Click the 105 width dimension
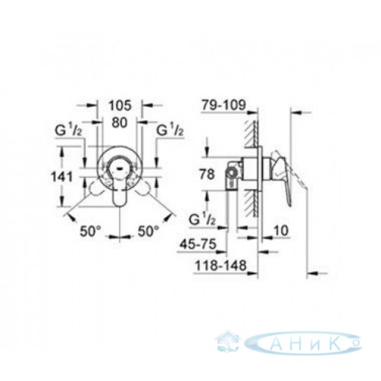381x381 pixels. pyautogui.click(x=120, y=105)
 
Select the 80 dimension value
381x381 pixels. pyautogui.click(x=120, y=123)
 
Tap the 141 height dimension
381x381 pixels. pyautogui.click(x=62, y=177)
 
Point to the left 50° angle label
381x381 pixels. pyautogui.click(x=91, y=231)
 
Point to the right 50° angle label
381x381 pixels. pyautogui.click(x=149, y=231)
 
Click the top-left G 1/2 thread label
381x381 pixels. pyautogui.click(x=68, y=131)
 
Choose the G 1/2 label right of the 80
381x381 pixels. pyautogui.click(x=170, y=131)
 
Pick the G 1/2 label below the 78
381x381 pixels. pyautogui.click(x=203, y=220)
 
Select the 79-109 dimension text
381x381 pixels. pyautogui.click(x=223, y=105)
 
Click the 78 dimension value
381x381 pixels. pyautogui.click(x=207, y=174)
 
